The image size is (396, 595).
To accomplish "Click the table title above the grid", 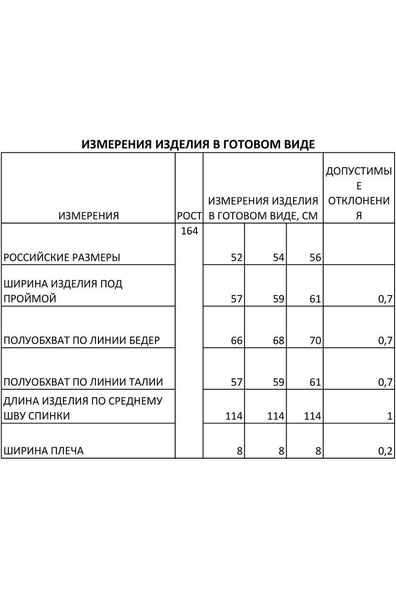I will click(x=198, y=144).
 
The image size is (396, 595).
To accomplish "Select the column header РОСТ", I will click(x=190, y=216).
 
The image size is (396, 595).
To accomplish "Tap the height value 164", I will click(x=190, y=231).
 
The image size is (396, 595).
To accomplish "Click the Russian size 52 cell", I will click(x=236, y=258).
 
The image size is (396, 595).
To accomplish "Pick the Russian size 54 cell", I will click(x=278, y=258).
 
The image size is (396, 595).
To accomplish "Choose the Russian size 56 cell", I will click(x=315, y=258).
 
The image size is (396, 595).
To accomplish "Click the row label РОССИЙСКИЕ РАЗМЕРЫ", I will click(x=62, y=258).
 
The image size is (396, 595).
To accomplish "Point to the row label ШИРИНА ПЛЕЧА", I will click(x=44, y=451).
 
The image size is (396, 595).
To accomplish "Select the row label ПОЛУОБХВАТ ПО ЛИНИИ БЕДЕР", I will click(x=82, y=341).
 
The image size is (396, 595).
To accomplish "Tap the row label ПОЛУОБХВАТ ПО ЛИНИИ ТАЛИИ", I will click(x=83, y=382).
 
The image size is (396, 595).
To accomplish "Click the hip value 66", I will click(x=236, y=341).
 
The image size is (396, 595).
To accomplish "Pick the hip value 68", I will click(x=278, y=341).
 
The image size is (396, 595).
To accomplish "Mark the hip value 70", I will click(x=315, y=341).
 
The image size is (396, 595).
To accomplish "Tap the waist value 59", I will click(x=278, y=382).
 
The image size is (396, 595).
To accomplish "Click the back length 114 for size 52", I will click(x=233, y=416).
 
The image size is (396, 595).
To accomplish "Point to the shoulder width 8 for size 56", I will click(x=318, y=451).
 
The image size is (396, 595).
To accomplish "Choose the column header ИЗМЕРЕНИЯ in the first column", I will click(x=89, y=216).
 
